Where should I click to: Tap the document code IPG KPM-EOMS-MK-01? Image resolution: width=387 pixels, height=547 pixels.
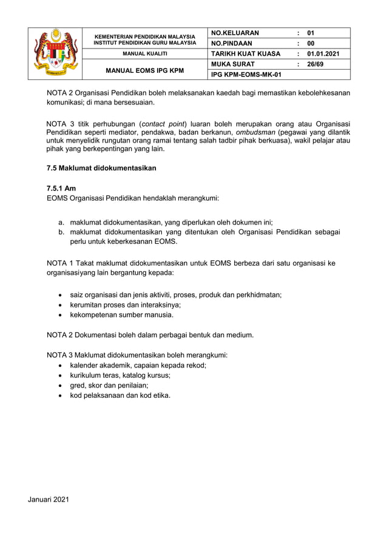click(246, 75)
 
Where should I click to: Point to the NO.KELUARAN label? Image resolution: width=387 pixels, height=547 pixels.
click(235, 33)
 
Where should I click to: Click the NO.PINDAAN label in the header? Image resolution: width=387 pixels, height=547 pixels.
click(232, 43)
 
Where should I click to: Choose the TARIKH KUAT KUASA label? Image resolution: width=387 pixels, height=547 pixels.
click(246, 53)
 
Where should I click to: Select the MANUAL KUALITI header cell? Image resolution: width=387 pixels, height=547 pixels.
click(145, 54)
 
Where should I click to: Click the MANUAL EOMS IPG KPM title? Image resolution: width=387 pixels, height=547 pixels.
click(145, 70)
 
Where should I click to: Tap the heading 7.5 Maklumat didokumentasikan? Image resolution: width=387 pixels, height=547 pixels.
click(101, 168)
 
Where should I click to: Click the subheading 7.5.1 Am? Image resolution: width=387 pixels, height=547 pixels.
click(61, 189)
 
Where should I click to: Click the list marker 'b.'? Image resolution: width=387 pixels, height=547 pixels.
click(62, 232)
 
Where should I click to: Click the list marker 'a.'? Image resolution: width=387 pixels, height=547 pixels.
click(62, 223)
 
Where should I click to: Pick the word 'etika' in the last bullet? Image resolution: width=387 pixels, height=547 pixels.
click(161, 395)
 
